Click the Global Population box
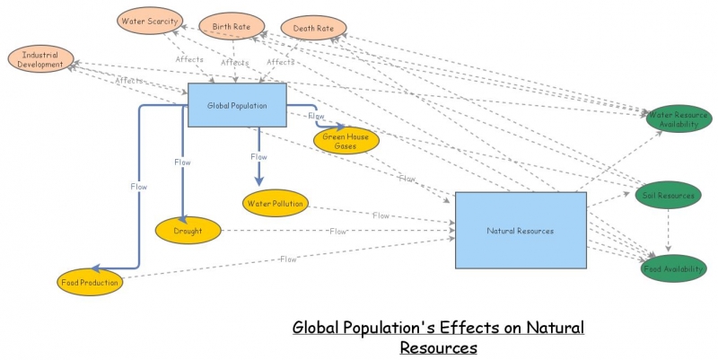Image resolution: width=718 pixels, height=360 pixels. [237, 105]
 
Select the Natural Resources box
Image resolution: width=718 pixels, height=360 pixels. [521, 230]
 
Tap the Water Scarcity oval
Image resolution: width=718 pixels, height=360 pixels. [151, 21]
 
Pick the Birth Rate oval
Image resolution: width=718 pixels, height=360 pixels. [232, 26]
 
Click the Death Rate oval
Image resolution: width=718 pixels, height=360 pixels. [313, 29]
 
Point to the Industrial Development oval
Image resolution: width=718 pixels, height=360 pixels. [41, 59]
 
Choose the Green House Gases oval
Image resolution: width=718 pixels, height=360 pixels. [346, 140]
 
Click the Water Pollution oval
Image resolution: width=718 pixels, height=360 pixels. [275, 203]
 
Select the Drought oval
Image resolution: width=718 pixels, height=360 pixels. [188, 231]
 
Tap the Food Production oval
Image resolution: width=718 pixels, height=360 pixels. [89, 283]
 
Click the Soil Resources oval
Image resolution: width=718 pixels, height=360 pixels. [668, 195]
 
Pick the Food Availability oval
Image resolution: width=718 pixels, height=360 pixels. [673, 267]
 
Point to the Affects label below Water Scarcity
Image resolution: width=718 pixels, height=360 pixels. [189, 60]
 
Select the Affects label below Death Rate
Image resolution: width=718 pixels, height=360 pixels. [280, 63]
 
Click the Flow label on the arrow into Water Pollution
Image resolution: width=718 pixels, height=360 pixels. [258, 156]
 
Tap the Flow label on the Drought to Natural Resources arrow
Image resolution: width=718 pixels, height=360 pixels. [337, 232]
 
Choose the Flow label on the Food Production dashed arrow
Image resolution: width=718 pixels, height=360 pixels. [288, 259]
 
